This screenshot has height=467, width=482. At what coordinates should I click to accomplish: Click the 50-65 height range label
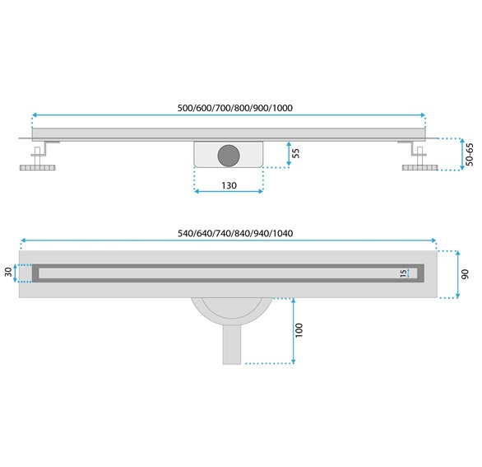pos(470,154)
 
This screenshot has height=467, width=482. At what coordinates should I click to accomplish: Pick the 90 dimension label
pos(466,273)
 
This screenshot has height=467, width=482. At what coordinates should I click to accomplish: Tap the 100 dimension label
pos(301,329)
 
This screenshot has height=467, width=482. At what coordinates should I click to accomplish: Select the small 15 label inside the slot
pos(403,273)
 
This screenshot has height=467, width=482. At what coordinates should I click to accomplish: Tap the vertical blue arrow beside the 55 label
pos(289,154)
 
